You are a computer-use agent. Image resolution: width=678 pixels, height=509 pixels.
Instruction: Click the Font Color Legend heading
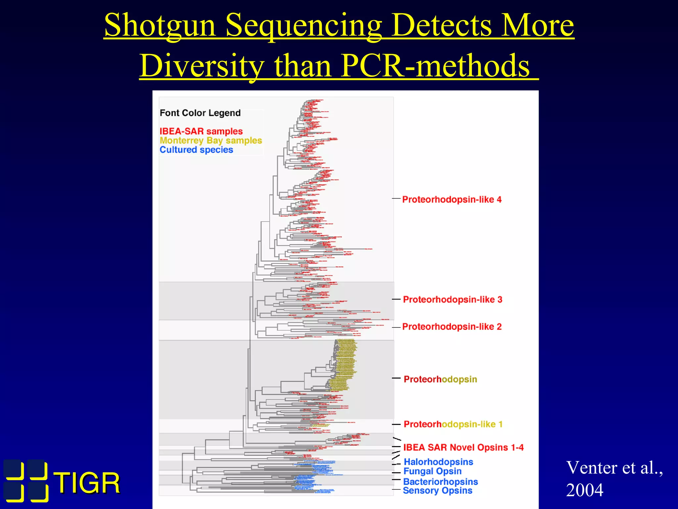tap(200, 113)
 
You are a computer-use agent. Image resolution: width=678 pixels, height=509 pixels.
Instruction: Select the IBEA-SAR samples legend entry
tap(201, 131)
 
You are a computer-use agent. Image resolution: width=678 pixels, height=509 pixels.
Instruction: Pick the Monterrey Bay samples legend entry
tap(211, 141)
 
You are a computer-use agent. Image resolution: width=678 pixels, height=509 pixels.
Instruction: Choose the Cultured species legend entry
tap(196, 150)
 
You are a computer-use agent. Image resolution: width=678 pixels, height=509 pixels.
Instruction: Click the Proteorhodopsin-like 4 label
tap(452, 199)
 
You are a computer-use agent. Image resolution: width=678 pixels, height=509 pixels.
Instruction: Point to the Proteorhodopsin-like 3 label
tap(452, 300)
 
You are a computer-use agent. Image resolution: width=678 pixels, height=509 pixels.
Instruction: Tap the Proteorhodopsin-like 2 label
tap(452, 327)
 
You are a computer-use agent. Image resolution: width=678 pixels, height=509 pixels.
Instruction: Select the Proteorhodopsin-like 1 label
tap(453, 424)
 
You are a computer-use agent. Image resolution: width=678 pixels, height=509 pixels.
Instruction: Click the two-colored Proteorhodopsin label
tap(440, 379)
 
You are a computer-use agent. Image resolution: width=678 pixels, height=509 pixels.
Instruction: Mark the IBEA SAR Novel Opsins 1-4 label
tap(463, 447)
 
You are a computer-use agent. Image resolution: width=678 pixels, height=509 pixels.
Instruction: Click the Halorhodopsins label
tap(438, 462)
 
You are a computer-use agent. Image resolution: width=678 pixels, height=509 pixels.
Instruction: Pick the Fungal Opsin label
tap(432, 471)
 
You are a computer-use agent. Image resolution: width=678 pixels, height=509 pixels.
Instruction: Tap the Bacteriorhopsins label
tap(440, 481)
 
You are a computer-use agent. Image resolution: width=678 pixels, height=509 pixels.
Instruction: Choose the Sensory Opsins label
tap(437, 490)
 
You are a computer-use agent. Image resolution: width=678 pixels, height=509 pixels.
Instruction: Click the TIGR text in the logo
tap(87, 483)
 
